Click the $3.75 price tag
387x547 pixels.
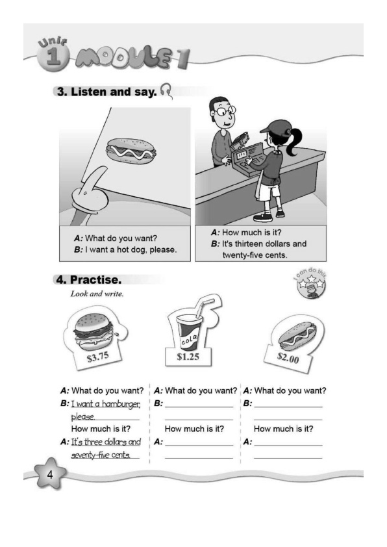98,357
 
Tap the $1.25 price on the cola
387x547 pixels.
188,357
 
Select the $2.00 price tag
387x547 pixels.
288,357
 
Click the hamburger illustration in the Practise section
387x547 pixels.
94,331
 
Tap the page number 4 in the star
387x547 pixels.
50,474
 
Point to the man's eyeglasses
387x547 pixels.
224,111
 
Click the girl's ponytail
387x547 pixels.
292,142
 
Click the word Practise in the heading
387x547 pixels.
95,279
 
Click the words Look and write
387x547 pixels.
97,294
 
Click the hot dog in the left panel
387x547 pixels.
131,150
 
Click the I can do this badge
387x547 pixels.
310,283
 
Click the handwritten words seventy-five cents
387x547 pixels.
101,455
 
